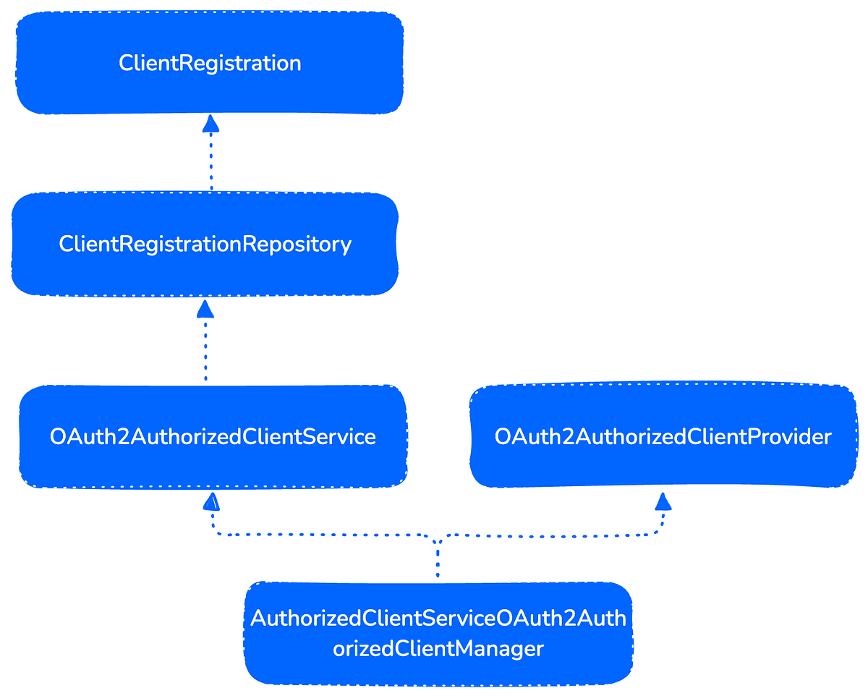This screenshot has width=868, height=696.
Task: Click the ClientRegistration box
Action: pos(210,63)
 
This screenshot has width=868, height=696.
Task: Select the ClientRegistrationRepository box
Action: pos(205,244)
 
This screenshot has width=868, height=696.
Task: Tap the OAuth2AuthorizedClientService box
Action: pos(213,436)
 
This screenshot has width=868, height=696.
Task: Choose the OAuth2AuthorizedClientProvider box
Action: pos(663,436)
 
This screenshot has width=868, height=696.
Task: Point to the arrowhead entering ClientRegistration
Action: pos(210,124)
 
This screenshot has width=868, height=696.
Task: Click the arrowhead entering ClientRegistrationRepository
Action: pos(205,310)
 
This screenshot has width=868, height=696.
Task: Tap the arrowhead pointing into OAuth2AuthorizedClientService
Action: pos(211,501)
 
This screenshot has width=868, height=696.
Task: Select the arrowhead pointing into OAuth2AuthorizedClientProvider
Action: pos(663,501)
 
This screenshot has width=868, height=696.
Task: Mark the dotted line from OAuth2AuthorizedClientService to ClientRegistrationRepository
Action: pos(205,351)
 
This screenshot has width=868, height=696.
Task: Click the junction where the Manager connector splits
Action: pos(438,539)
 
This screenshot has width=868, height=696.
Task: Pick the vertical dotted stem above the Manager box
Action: pos(438,561)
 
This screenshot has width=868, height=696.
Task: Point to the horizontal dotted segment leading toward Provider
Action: pos(550,535)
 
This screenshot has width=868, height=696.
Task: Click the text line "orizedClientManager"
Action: pos(438,649)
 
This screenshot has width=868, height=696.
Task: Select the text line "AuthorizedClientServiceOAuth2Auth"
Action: pos(438,619)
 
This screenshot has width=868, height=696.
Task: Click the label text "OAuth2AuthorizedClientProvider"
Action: pos(663,436)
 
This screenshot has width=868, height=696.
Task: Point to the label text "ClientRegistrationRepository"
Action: pos(205,244)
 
